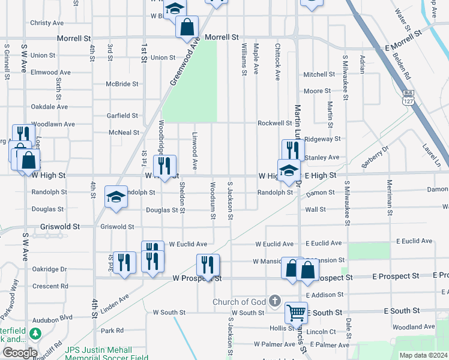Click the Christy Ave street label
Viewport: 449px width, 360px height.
click(47, 23)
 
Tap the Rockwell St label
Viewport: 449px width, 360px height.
click(274, 123)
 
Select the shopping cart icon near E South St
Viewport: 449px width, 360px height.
click(296, 312)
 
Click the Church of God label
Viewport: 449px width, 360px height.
click(239, 301)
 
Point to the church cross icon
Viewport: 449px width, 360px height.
click(275, 301)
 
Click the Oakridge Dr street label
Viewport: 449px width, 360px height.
click(49, 269)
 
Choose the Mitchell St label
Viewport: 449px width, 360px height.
click(319, 74)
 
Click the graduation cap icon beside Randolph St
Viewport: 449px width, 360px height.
click(116, 197)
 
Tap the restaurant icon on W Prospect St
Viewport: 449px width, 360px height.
click(207, 265)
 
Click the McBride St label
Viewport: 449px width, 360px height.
click(122, 84)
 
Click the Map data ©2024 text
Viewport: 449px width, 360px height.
click(423, 355)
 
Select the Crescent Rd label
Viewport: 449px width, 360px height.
click(50, 286)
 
